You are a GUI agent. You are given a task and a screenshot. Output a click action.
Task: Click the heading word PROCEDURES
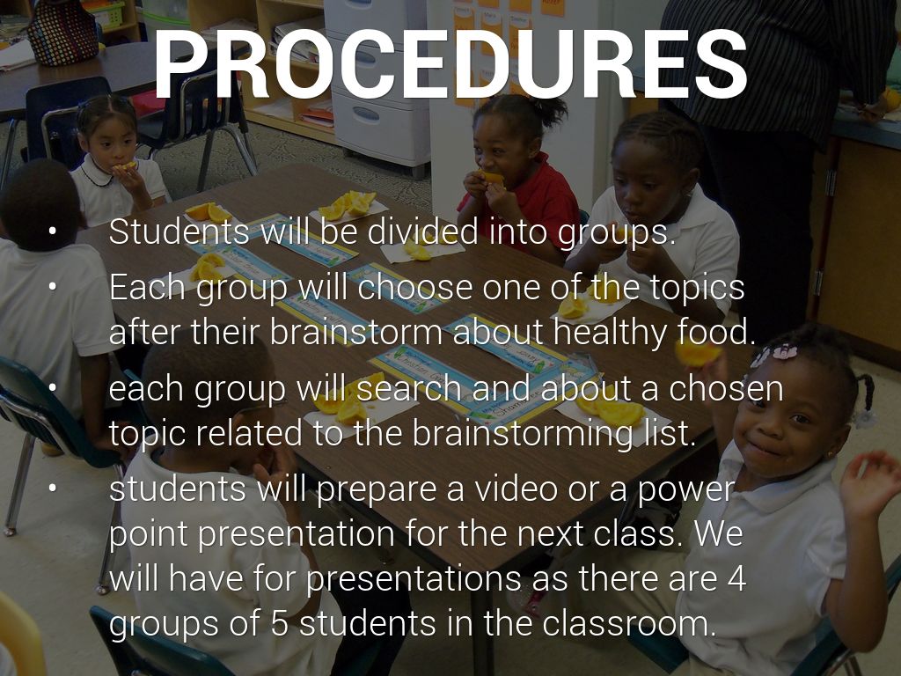tap(450, 64)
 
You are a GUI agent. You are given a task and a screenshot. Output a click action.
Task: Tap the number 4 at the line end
tap(736, 578)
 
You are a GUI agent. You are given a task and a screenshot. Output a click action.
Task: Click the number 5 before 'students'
tap(279, 623)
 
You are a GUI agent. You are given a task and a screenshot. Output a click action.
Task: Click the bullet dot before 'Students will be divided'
tap(53, 231)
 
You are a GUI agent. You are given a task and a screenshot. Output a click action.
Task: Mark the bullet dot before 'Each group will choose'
tap(53, 286)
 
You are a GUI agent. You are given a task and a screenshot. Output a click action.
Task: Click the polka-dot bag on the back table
tap(62, 33)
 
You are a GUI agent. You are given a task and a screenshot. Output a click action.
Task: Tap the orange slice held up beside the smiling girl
tap(697, 352)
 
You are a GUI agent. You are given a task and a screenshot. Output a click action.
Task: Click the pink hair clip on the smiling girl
tap(784, 351)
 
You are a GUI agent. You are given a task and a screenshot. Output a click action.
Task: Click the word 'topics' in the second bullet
tap(697, 288)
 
